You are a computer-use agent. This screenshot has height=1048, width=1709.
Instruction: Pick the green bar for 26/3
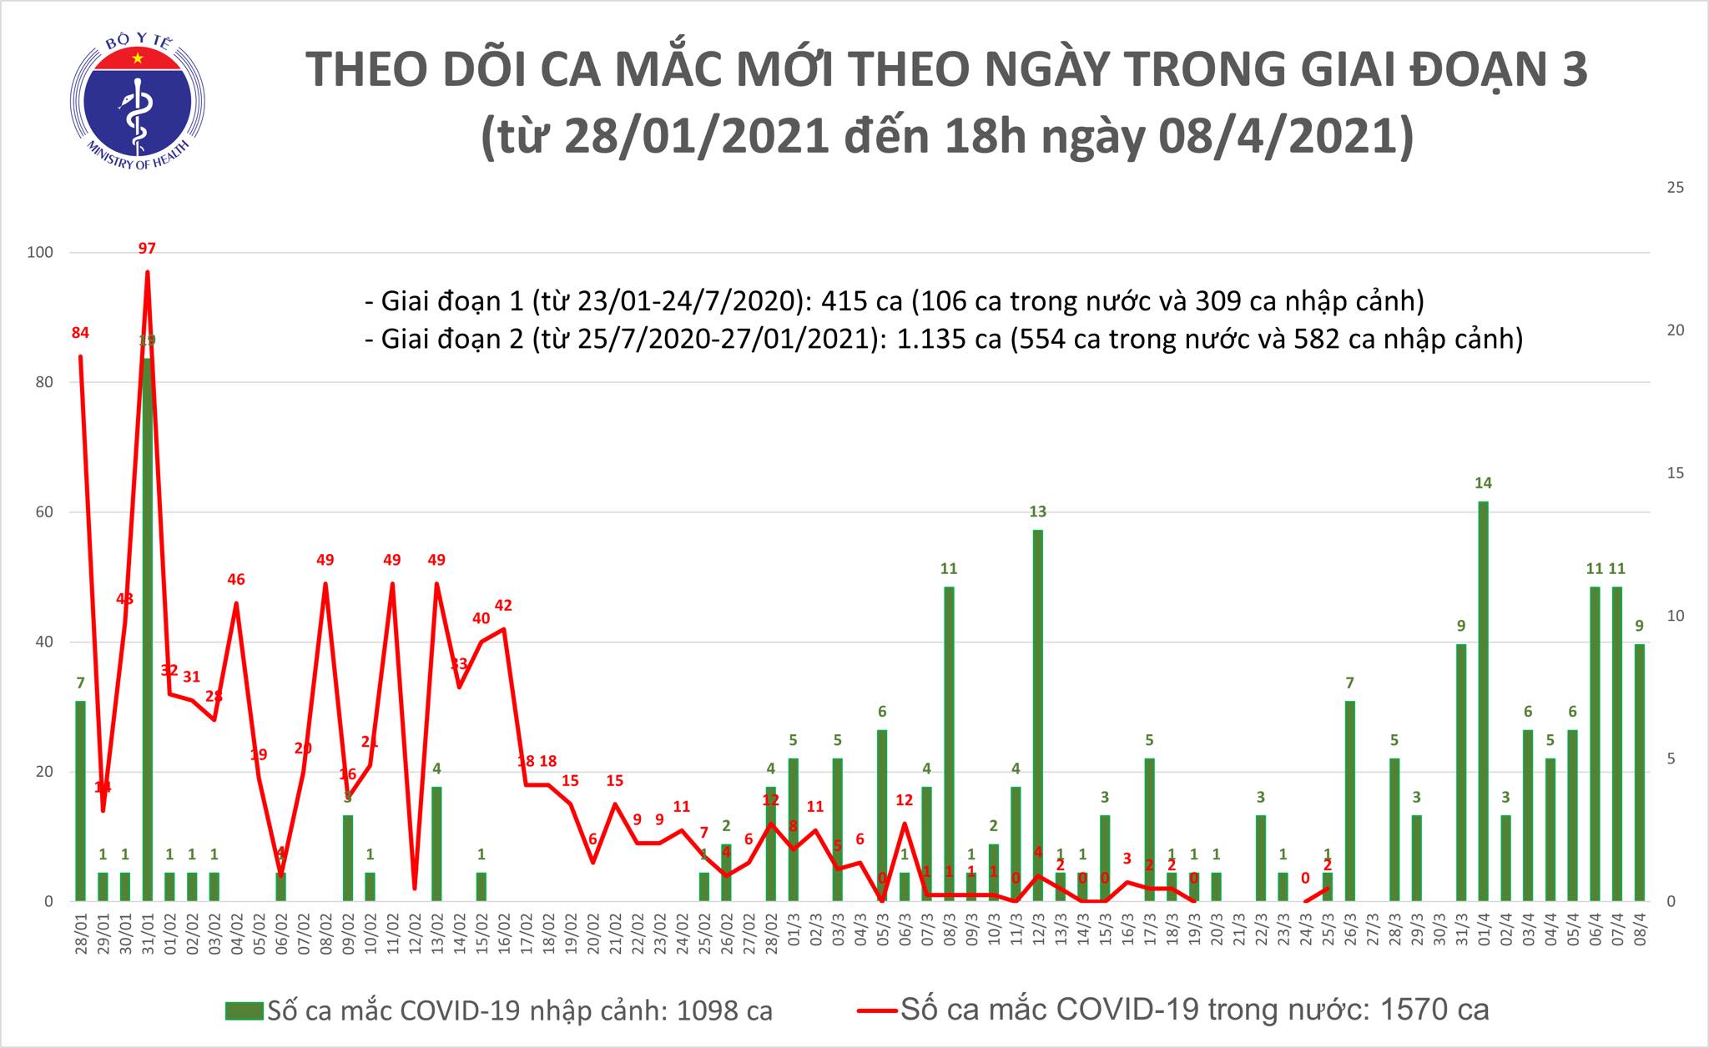(1349, 801)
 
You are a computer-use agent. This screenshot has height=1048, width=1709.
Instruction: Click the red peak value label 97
(147, 248)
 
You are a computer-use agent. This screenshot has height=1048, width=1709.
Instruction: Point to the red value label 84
(80, 333)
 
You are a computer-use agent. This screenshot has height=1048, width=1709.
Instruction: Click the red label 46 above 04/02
(236, 579)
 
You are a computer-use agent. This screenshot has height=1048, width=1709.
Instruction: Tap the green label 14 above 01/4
(1483, 483)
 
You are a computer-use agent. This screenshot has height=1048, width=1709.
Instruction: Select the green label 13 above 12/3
(1038, 511)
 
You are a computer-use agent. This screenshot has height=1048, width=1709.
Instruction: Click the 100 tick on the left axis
(41, 252)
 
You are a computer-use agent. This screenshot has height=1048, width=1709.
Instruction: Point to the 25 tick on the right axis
(1674, 188)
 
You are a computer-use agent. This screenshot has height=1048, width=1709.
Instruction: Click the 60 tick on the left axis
(43, 512)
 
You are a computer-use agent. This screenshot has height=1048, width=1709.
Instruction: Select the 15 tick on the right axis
(1674, 473)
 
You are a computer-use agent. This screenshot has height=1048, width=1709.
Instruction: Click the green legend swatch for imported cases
(244, 1011)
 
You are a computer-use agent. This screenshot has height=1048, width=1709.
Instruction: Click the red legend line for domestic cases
(876, 1011)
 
